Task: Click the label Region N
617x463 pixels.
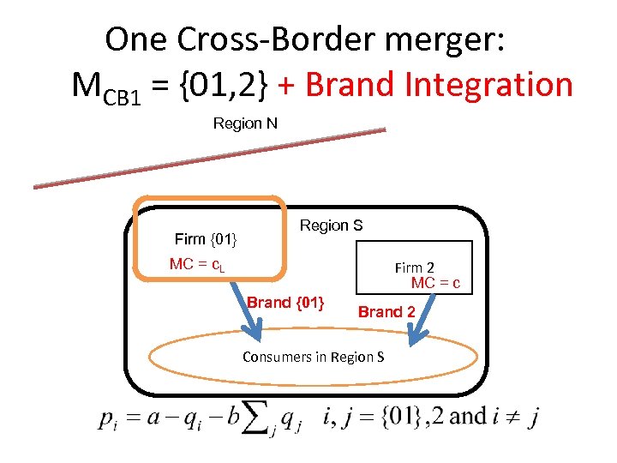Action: coord(245,123)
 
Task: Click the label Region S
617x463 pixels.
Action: coord(331,225)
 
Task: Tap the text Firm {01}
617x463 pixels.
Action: coord(206,238)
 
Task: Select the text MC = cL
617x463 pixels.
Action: coord(197,264)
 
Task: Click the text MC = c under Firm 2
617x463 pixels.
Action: coord(435,283)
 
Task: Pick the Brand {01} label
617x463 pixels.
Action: coord(285,302)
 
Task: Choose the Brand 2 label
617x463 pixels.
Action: coord(386,312)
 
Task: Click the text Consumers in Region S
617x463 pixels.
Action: coord(313,357)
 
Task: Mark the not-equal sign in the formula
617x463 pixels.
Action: coord(508,418)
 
